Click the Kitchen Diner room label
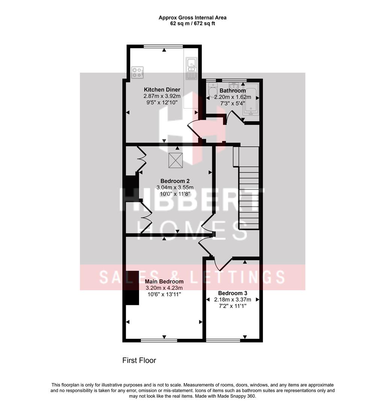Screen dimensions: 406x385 coord(162,89)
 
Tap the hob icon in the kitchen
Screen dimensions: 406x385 coord(138,72)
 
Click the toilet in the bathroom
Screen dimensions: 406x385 coord(213,91)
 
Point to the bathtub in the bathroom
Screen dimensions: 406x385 coord(251,99)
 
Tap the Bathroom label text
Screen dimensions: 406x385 coord(233,91)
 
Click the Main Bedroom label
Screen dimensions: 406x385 coord(164,281)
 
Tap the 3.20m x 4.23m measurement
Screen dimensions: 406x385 coord(164,288)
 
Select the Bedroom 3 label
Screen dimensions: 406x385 coord(233,293)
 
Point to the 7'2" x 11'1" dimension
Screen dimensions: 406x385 coord(233,306)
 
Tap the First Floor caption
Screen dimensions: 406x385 coord(139,360)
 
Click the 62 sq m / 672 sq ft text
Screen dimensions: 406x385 coord(192,23)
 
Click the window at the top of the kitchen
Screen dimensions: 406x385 coord(163,46)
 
